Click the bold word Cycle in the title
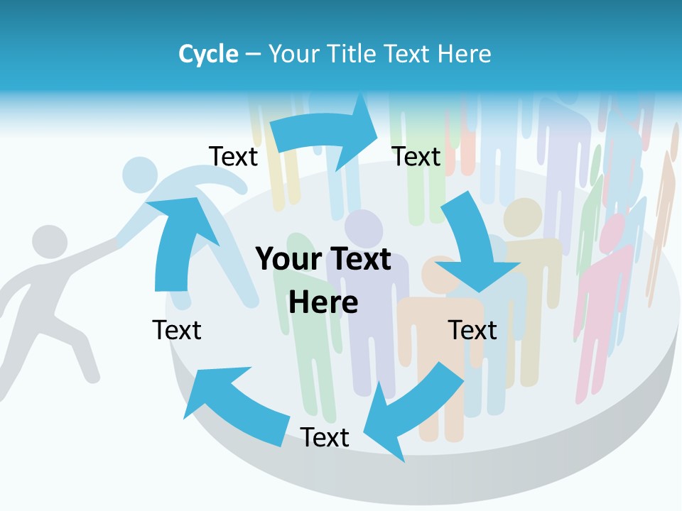(208, 54)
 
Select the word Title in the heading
(354, 54)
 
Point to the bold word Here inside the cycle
(323, 302)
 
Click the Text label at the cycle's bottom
(325, 437)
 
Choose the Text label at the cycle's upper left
(233, 156)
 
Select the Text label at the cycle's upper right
(417, 156)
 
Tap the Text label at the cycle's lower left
(177, 330)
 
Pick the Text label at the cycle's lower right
(472, 330)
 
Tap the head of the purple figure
(364, 229)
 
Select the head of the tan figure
(523, 217)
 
